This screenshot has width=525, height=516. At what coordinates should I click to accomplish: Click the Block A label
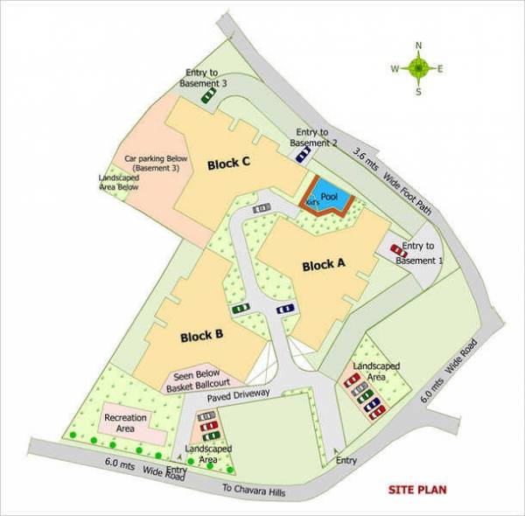[324, 266]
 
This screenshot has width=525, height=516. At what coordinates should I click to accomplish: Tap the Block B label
[202, 335]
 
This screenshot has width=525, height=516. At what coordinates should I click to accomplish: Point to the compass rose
[419, 67]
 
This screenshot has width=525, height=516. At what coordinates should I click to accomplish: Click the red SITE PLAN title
[417, 490]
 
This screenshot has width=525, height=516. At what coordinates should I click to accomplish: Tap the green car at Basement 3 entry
[208, 96]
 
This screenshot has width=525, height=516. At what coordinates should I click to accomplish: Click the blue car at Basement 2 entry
[302, 154]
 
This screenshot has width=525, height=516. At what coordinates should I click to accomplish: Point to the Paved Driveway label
[239, 394]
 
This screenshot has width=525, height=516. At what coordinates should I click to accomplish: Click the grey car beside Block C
[261, 209]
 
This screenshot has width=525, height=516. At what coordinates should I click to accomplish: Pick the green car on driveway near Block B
[241, 309]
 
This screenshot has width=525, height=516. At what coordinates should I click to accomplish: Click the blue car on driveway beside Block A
[284, 309]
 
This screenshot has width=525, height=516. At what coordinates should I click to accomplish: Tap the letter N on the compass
[419, 45]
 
